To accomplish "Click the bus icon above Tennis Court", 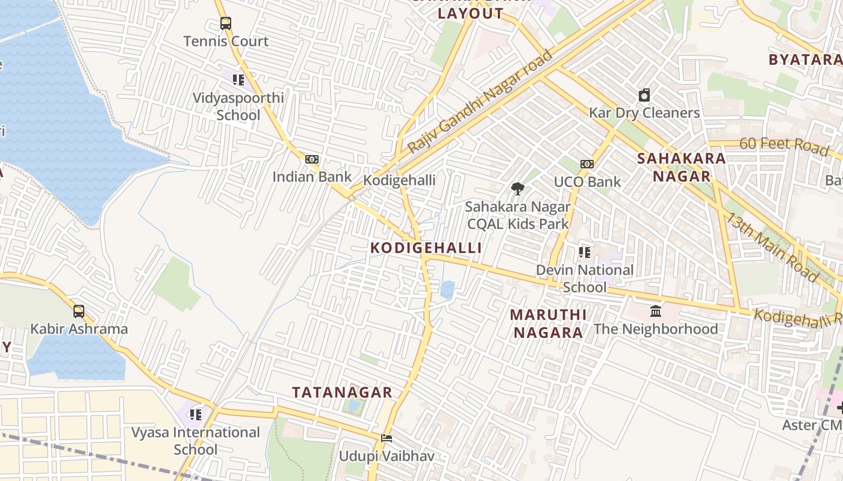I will (x=225, y=23).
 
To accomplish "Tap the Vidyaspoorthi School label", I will (x=238, y=106).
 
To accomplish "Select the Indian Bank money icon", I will (x=312, y=159).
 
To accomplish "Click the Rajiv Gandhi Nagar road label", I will (x=480, y=101).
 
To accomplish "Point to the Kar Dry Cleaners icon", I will (x=644, y=95).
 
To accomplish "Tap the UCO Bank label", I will (x=587, y=182).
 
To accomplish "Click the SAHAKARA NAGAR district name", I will (x=681, y=167).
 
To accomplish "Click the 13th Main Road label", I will (x=771, y=247).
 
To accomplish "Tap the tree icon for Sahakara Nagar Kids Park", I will (x=517, y=189).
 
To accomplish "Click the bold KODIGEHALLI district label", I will (x=426, y=248).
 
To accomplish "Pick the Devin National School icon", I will (x=584, y=253).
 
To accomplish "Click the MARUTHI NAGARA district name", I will (x=547, y=323).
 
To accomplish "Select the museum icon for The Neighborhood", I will (x=656, y=311).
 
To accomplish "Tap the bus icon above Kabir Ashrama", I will (x=79, y=311).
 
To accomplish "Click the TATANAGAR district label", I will (x=342, y=393).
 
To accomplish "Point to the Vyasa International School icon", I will (x=195, y=415).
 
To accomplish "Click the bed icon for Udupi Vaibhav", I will (x=387, y=438).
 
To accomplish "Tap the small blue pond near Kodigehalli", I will (x=447, y=290).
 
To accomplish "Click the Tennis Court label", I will (x=226, y=41).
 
